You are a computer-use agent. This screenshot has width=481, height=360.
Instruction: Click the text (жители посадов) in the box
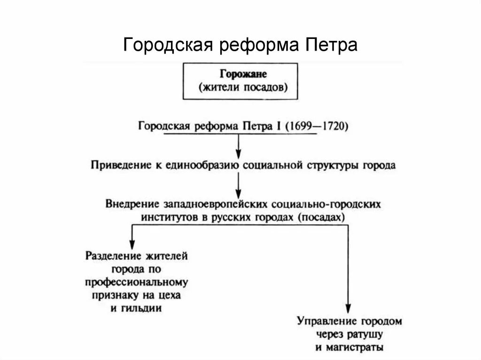click(240, 87)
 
